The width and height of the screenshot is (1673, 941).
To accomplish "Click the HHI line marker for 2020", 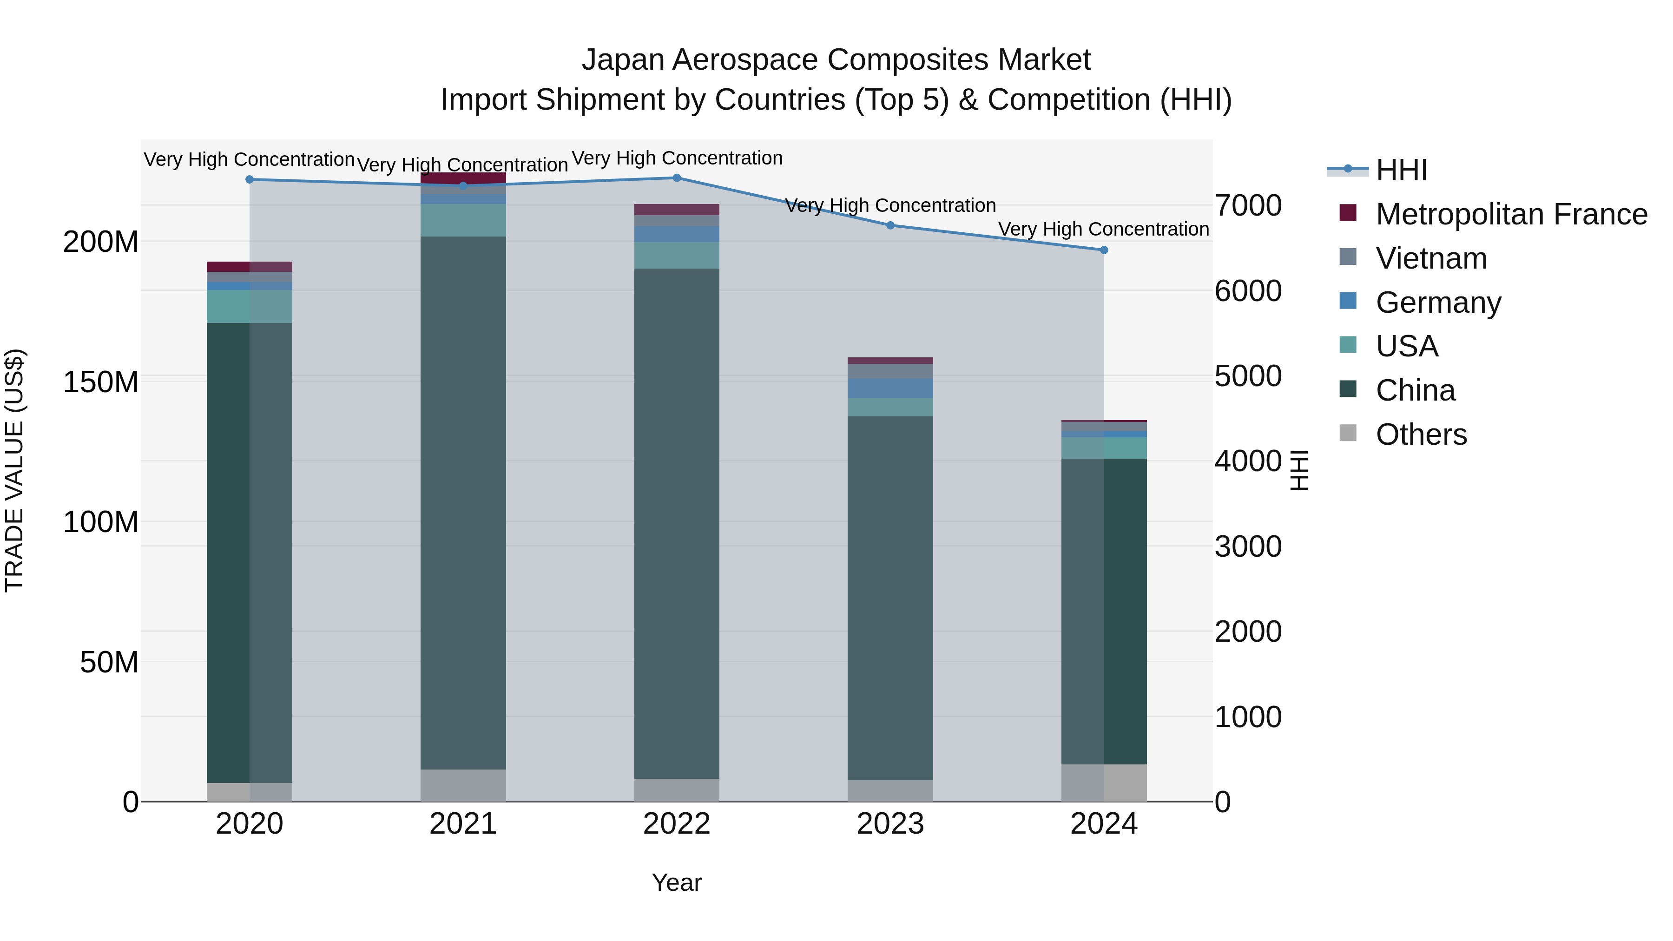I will click(250, 179).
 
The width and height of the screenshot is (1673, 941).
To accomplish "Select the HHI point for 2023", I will click(890, 225).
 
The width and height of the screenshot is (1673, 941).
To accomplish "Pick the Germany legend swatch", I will click(1348, 301).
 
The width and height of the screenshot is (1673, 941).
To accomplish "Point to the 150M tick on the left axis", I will click(101, 382).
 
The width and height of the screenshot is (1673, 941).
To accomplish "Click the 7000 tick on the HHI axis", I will click(1248, 206).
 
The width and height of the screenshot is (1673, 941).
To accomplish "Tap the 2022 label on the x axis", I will click(677, 824).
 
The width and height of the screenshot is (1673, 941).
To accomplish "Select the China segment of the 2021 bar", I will click(463, 503).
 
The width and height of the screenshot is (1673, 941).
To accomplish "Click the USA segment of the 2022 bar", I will click(677, 255).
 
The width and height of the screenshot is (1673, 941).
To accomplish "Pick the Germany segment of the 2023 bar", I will click(890, 388).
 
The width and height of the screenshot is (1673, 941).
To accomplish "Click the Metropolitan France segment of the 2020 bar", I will click(250, 267).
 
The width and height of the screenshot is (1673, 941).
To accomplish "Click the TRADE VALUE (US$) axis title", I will click(14, 470).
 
